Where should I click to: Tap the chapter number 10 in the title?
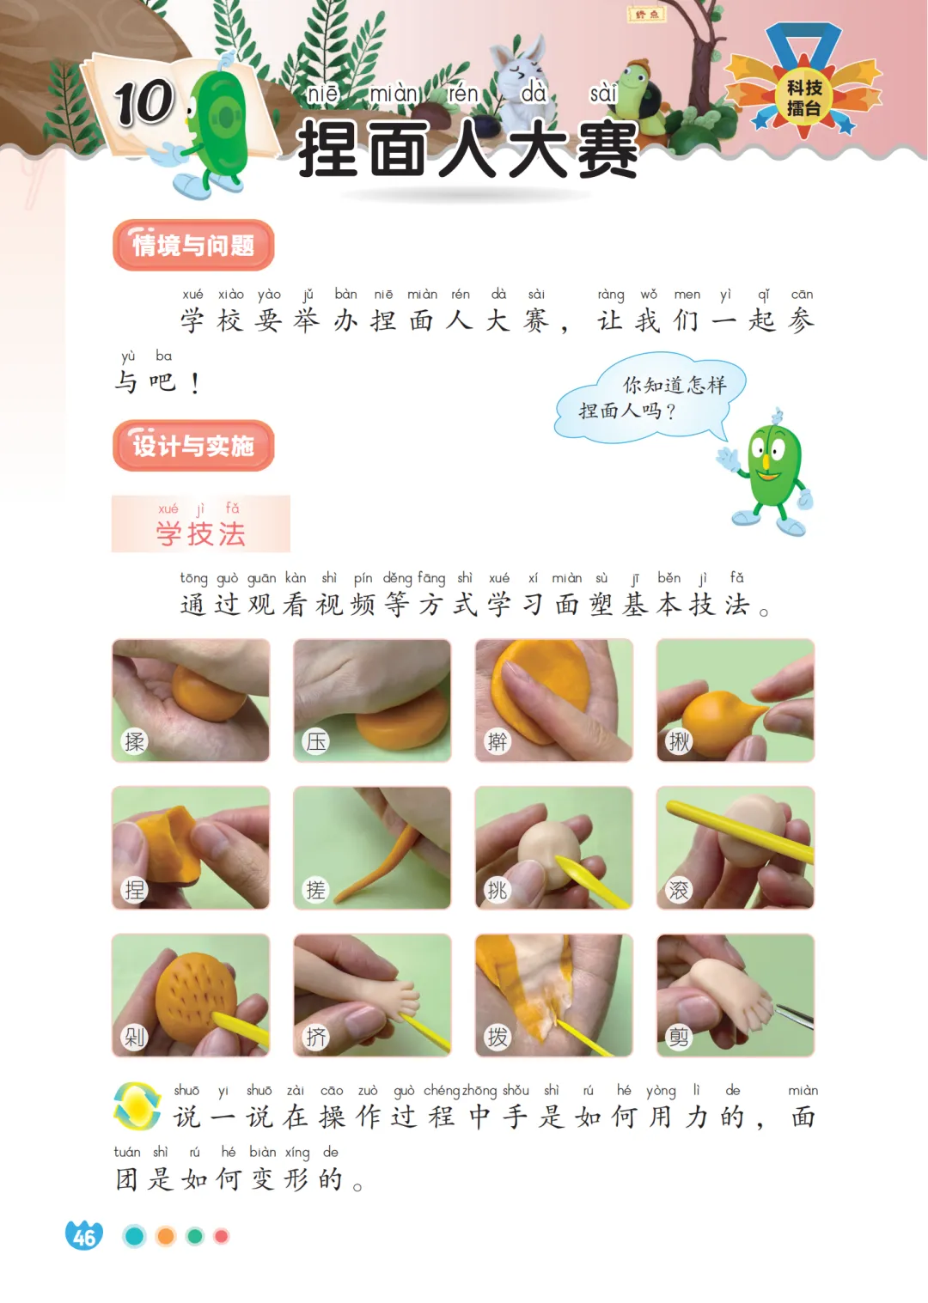click(144, 102)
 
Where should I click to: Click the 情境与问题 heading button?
click(193, 245)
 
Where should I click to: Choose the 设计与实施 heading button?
click(193, 446)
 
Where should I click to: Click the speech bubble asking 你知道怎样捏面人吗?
click(650, 398)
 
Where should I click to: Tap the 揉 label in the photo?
click(134, 741)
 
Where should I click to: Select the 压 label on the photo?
click(316, 741)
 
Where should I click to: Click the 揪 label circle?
click(679, 741)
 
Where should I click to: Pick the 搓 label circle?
click(316, 889)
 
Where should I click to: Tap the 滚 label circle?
click(679, 889)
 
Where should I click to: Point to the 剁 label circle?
click(134, 1037)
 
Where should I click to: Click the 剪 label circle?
click(679, 1037)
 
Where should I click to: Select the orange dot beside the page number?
click(166, 1236)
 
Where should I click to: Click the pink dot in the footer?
click(221, 1236)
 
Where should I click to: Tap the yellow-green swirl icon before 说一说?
click(137, 1105)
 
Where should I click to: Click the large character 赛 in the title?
click(607, 149)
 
